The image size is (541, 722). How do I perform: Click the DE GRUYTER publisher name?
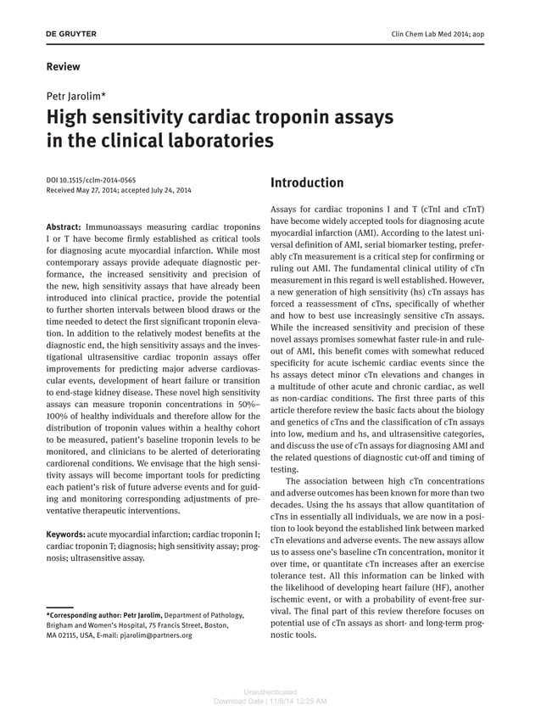(71, 34)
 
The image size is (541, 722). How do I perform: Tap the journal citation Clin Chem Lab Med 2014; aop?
(449, 34)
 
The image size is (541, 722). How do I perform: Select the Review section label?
(63, 66)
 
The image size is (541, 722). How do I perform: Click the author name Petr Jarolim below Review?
(75, 96)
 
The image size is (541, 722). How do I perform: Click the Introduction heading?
(306, 182)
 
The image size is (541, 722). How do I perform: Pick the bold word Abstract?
(64, 228)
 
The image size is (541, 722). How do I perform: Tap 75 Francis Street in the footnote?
(172, 625)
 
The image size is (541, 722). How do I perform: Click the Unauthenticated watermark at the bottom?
(270, 691)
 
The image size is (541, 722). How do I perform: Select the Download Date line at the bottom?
(270, 701)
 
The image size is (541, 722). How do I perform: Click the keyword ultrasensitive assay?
(108, 558)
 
